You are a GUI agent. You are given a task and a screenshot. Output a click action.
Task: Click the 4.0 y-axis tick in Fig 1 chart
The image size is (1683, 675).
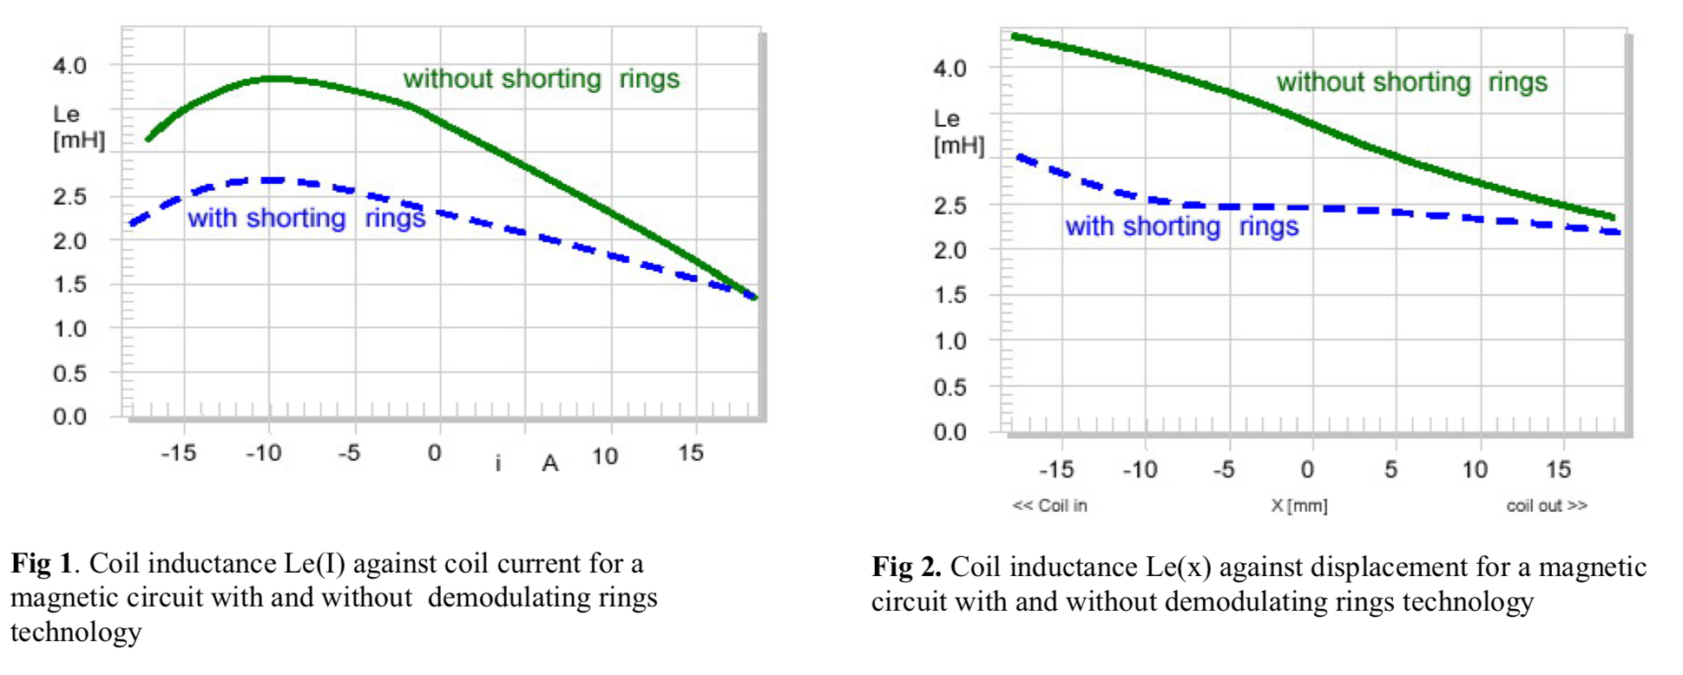(69, 66)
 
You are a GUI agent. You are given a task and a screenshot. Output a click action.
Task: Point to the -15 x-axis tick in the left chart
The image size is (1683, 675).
(178, 453)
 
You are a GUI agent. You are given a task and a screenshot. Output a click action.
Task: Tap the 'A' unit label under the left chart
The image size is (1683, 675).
(549, 464)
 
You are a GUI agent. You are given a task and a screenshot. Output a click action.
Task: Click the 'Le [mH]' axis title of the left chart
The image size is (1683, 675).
(78, 127)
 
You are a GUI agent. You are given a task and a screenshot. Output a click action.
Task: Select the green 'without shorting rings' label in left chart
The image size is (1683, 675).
(541, 79)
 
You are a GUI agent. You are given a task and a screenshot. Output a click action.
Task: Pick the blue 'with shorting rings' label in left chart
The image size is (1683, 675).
(306, 218)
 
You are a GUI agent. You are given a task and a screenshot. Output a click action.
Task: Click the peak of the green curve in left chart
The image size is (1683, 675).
(276, 79)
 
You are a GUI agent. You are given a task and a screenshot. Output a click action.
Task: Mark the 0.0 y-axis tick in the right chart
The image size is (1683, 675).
(950, 432)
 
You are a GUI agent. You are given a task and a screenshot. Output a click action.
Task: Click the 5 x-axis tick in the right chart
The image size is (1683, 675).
(1390, 470)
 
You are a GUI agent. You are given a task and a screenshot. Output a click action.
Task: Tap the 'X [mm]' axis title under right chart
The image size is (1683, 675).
(1298, 506)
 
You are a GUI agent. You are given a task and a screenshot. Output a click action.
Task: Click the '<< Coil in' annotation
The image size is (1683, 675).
(1049, 506)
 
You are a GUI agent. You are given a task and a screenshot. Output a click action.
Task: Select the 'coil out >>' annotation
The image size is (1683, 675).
(1546, 506)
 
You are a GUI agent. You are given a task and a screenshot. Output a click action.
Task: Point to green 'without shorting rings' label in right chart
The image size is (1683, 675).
(1411, 82)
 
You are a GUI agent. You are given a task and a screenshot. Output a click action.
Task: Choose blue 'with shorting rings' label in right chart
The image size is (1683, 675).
(1181, 226)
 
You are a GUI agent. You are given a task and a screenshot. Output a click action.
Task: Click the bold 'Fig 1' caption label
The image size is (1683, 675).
(41, 564)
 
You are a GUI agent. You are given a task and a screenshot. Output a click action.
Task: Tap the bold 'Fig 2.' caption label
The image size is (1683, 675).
(906, 567)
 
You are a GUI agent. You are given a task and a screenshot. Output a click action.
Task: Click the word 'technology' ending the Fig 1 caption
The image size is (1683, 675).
(76, 632)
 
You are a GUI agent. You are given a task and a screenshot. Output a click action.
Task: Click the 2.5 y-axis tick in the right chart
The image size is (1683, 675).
(950, 206)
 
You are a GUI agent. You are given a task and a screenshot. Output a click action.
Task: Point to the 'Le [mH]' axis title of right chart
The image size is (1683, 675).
(958, 132)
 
